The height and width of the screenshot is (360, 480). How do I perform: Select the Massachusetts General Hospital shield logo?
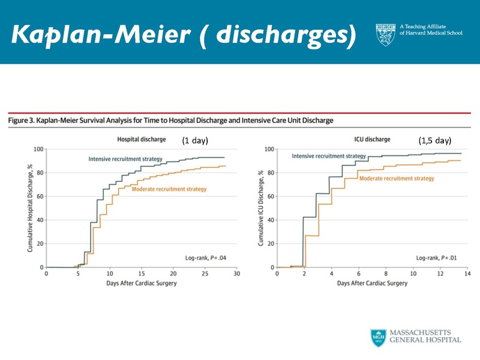[x=378, y=337]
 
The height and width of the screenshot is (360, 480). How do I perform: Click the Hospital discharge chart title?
[x=141, y=140]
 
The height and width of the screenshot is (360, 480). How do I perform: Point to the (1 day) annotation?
[x=194, y=140]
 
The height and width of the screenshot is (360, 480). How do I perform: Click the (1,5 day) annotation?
[x=434, y=140]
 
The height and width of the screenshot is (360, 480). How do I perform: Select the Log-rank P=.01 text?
[x=436, y=258]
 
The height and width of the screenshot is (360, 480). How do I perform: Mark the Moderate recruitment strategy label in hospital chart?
[x=169, y=189]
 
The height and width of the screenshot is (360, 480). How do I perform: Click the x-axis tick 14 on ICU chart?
[x=468, y=274]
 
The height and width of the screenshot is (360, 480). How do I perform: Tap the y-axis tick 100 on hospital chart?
[x=39, y=149]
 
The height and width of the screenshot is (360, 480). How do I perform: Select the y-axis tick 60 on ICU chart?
[x=271, y=196]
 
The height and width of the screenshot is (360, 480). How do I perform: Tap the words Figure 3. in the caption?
[x=22, y=121]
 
